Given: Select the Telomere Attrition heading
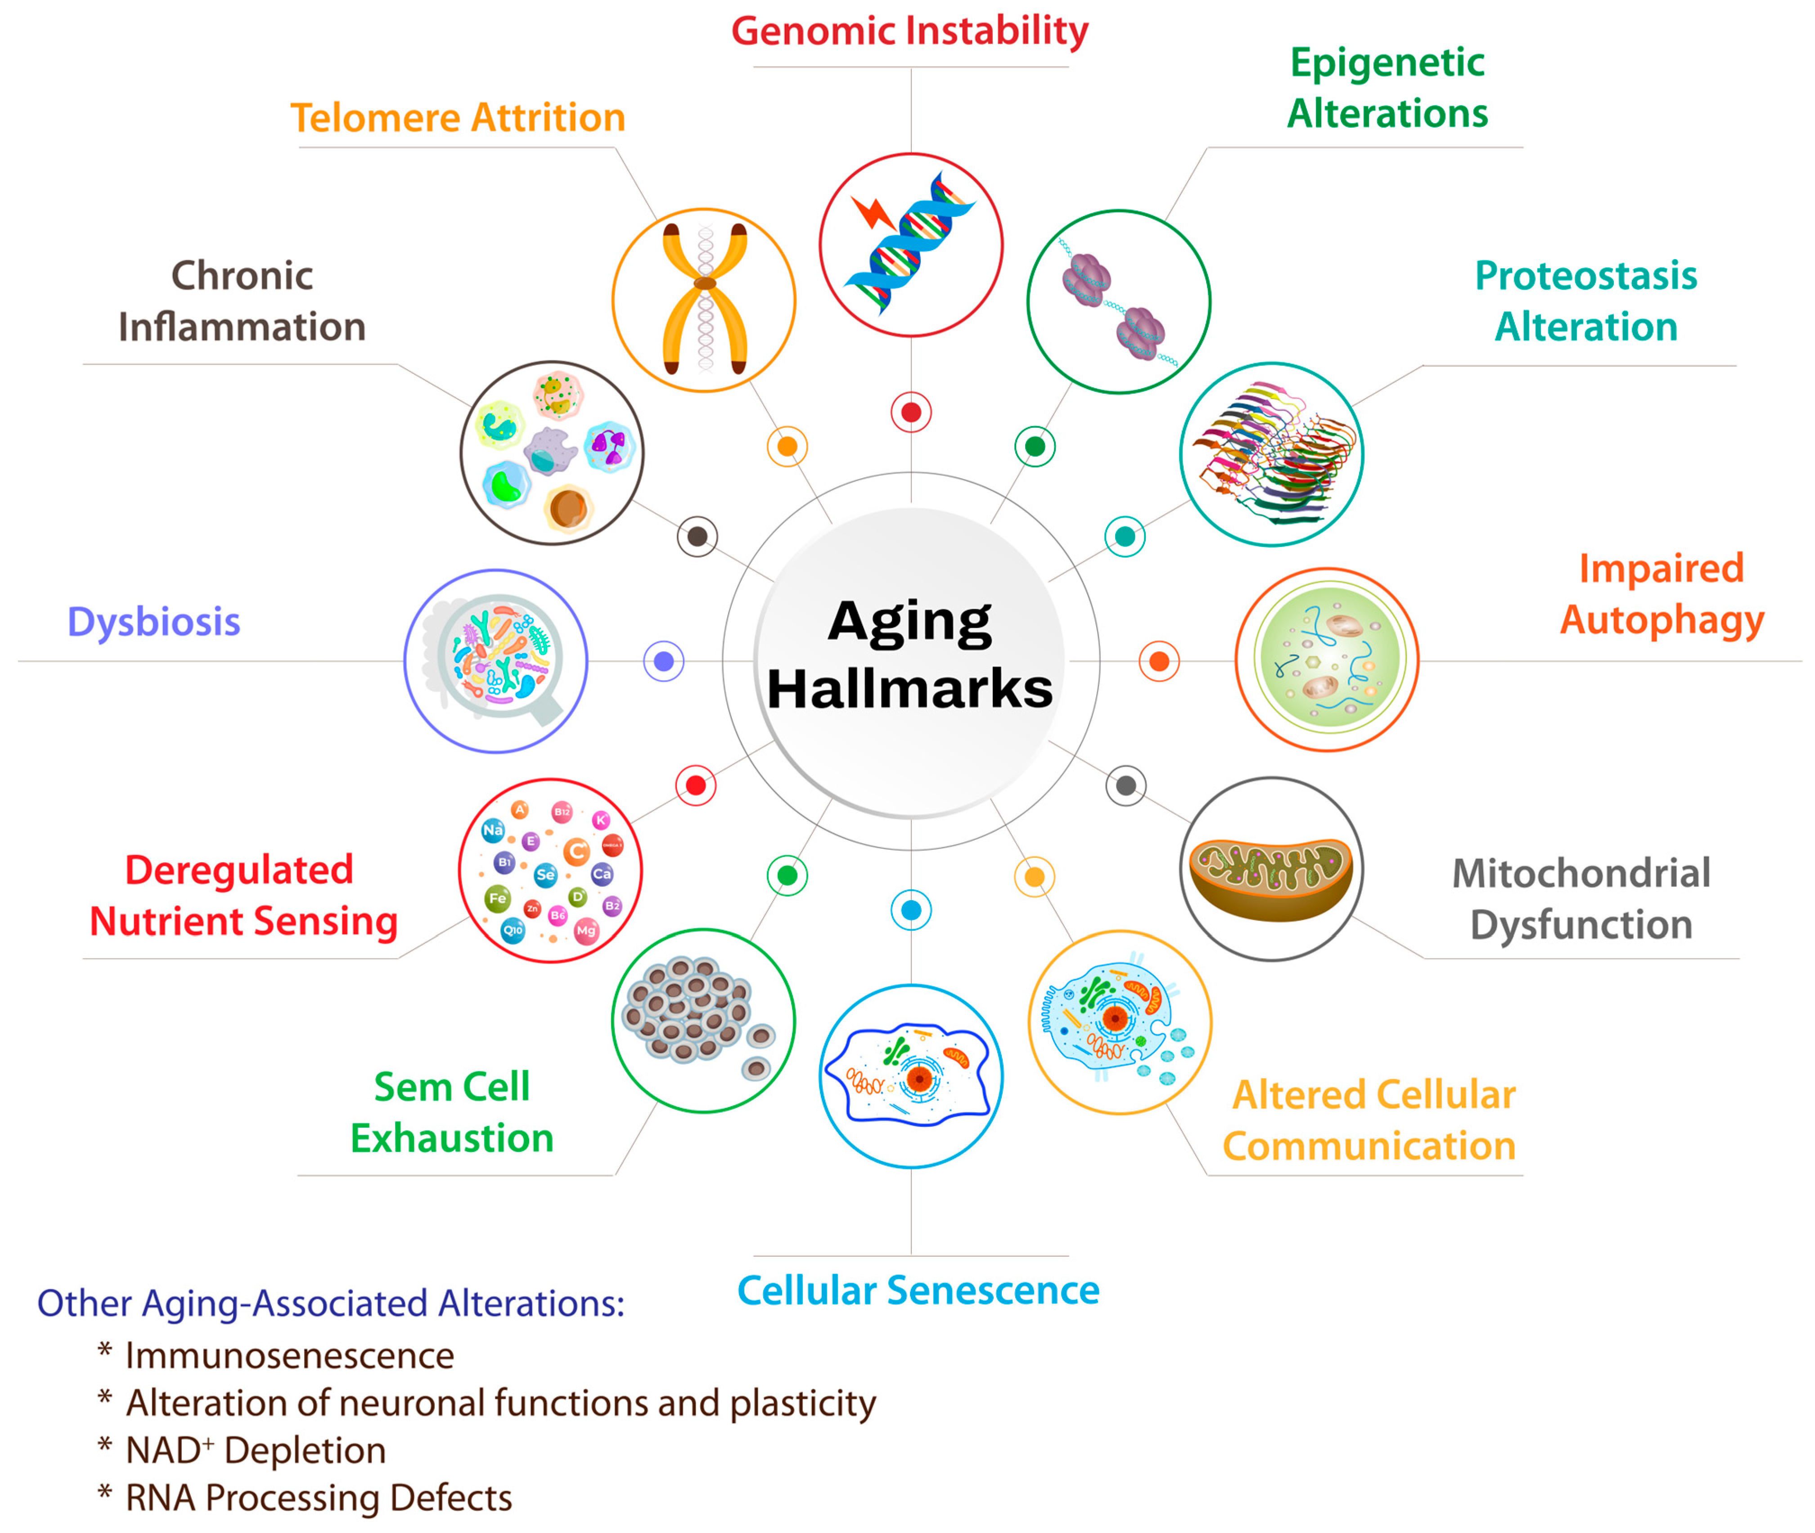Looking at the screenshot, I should click(x=457, y=117).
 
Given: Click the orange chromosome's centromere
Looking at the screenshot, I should click(x=704, y=283).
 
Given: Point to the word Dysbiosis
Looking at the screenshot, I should click(x=154, y=622).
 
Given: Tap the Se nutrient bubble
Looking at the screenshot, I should click(x=545, y=874).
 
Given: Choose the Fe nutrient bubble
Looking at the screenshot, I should click(x=497, y=898).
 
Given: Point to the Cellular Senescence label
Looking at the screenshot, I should click(x=918, y=1291).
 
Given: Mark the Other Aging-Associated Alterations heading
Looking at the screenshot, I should click(x=330, y=1304).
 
